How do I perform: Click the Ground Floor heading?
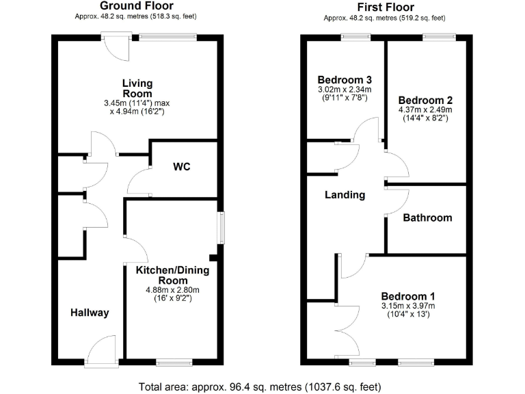click(x=137, y=6)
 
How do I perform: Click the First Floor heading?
click(x=384, y=6)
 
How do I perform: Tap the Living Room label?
click(x=137, y=88)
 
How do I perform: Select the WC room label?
click(x=181, y=167)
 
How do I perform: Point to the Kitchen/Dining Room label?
click(x=172, y=275)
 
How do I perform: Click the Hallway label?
click(x=90, y=313)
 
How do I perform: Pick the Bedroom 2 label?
click(x=425, y=98)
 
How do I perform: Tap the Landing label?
click(x=345, y=195)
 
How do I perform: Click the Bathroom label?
click(x=427, y=218)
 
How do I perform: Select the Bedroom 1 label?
click(x=407, y=295)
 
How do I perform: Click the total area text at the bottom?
click(x=262, y=386)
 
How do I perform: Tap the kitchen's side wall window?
click(x=221, y=228)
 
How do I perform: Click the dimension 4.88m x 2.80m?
click(x=172, y=289)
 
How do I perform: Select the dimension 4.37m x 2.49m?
click(x=425, y=109)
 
